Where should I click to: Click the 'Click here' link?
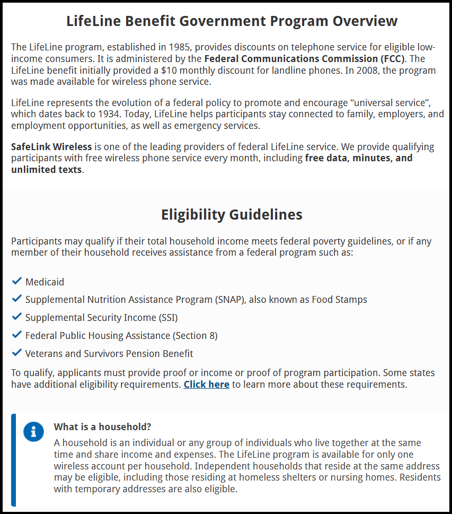point(206,385)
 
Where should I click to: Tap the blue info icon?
point(33,432)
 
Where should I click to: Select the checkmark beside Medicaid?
point(16,281)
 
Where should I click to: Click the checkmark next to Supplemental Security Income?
point(16,317)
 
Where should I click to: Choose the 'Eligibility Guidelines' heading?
point(232,215)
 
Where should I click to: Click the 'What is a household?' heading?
point(103,427)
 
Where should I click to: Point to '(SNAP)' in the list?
point(230,300)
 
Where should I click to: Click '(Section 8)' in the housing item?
point(195,336)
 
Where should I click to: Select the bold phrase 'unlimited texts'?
point(47,170)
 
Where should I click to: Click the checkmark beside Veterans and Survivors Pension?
point(16,353)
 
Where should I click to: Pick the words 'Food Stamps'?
point(339,300)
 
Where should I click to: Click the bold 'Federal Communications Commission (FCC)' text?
point(305,58)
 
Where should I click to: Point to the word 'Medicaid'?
point(45,282)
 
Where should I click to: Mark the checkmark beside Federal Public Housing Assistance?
point(16,335)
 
